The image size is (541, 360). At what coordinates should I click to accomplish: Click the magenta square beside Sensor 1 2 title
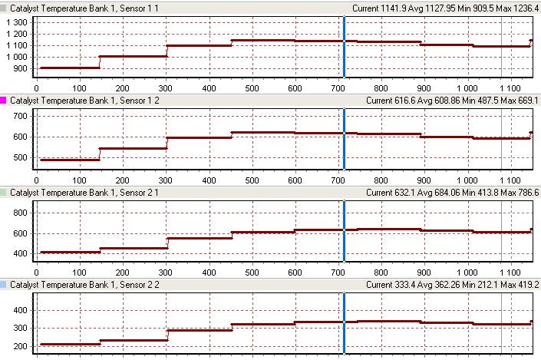point(5,100)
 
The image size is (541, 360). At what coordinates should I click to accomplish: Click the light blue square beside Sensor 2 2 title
point(5,284)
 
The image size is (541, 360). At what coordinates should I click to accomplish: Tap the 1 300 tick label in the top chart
point(17,22)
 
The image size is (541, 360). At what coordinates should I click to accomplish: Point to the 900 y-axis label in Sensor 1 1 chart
point(21,68)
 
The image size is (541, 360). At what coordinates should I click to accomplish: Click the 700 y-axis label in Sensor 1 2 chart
point(21,116)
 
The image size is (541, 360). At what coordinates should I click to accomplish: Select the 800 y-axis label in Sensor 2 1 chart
point(21,212)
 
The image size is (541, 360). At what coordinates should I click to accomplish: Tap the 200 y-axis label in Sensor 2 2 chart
point(21,346)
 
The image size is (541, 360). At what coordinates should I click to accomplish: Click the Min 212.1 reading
point(479,284)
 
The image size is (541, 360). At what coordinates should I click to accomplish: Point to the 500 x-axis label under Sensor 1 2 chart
point(231,180)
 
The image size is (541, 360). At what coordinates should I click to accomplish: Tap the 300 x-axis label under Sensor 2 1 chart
point(167,271)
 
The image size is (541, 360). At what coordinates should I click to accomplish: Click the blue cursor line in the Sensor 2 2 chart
point(344,322)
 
